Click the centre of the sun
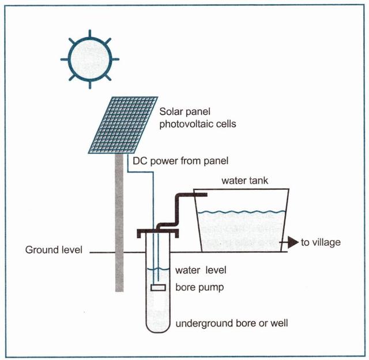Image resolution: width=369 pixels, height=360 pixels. click(90, 58)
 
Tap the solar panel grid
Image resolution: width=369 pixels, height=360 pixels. click(123, 125)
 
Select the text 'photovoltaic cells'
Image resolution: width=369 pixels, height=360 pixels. click(195, 124)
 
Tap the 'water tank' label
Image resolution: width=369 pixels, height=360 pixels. click(245, 181)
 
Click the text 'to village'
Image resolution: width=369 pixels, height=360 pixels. click(321, 243)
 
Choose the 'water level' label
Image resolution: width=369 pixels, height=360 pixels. click(201, 270)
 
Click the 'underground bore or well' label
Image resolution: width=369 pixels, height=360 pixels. click(231, 322)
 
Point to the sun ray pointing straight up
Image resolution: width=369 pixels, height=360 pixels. click(90, 33)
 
